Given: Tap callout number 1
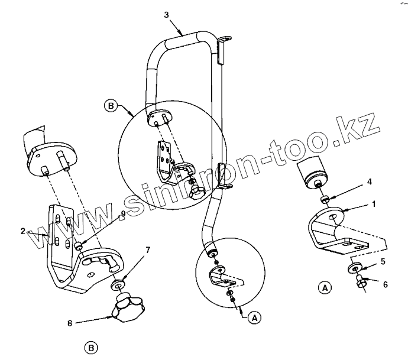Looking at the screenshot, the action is click(x=374, y=203).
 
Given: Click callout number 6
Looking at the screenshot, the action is click(x=385, y=284).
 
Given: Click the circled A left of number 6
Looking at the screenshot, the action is click(x=323, y=288).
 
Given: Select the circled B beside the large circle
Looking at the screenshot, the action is click(x=110, y=106).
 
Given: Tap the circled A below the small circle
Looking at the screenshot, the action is click(x=254, y=317).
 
